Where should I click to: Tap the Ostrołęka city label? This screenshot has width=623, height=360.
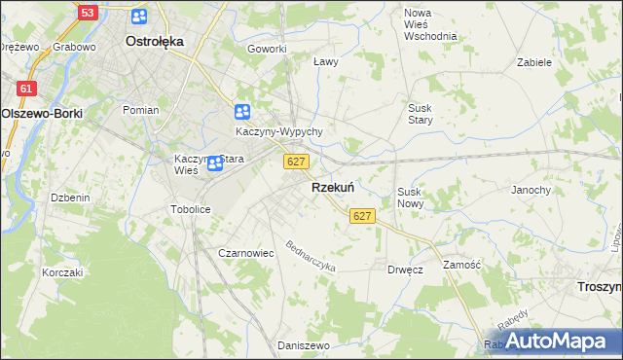tap(156, 42)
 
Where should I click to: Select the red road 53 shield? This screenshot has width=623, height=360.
tap(88, 13)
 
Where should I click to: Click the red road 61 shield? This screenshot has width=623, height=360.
tap(27, 89)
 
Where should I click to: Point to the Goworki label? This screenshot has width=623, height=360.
tap(267, 49)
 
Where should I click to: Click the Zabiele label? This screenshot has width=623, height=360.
tap(534, 61)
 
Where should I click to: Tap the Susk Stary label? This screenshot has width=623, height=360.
tap(421, 114)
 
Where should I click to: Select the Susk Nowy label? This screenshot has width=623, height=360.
tap(409, 198)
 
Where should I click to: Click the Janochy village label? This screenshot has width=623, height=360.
tap(531, 190)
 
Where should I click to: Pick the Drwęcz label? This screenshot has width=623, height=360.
tap(405, 270)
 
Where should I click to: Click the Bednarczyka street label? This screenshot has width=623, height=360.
tap(311, 256)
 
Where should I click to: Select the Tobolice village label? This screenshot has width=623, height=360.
tap(191, 209)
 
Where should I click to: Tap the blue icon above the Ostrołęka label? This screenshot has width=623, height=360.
tap(139, 17)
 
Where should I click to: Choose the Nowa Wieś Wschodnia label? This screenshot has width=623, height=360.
tap(429, 24)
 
